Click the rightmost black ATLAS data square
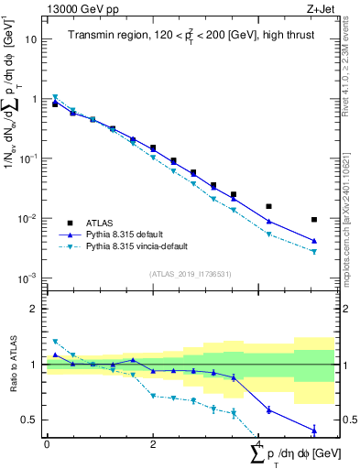(x=314, y=220)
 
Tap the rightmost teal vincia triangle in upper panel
(x=314, y=252)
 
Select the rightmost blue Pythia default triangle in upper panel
(x=314, y=241)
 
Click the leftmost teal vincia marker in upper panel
(x=55, y=97)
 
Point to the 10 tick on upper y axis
(x=31, y=39)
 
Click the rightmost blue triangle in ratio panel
(x=314, y=430)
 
